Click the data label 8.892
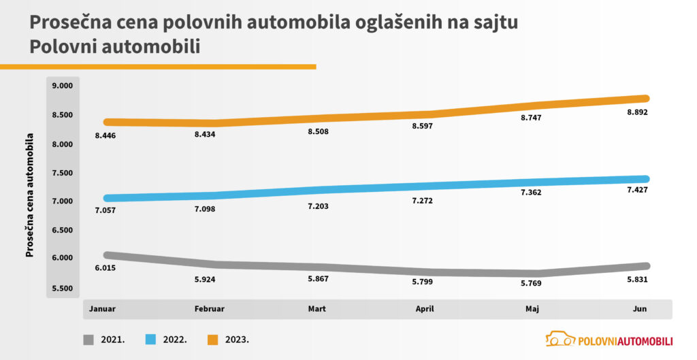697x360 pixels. [636, 112]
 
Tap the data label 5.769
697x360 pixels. [531, 282]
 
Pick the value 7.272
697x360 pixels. [421, 201]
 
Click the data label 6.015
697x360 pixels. [106, 268]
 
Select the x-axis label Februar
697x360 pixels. [210, 309]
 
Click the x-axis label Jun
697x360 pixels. [639, 309]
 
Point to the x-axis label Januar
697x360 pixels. [102, 309]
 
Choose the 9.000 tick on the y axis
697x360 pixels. [61, 86]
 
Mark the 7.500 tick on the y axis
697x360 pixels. [61, 173]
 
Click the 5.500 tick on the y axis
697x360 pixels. [61, 289]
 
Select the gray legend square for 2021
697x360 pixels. [89, 338]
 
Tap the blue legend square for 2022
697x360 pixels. [152, 338]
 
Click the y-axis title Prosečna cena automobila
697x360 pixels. [30, 194]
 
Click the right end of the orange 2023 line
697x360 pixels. [645, 98]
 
